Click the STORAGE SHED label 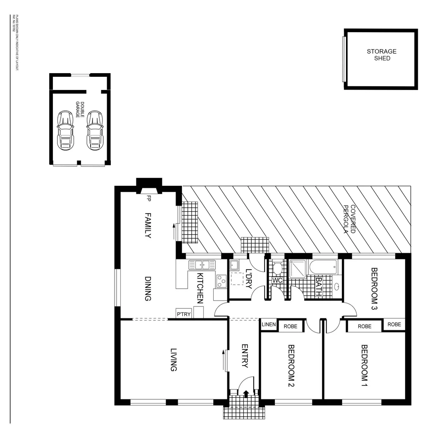tap(381, 55)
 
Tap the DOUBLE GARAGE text tap(79, 110)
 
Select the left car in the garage tap(65, 130)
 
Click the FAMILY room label tap(148, 225)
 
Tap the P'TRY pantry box tap(184, 314)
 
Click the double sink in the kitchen tap(202, 265)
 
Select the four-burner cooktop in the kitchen tap(221, 281)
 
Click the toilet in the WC tap(277, 268)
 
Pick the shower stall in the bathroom tap(297, 268)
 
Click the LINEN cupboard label tap(269, 325)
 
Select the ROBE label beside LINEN tap(290, 326)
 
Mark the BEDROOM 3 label tap(374, 289)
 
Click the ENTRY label tap(244, 356)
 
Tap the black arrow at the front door tap(246, 394)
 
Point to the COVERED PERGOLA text tap(350, 219)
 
